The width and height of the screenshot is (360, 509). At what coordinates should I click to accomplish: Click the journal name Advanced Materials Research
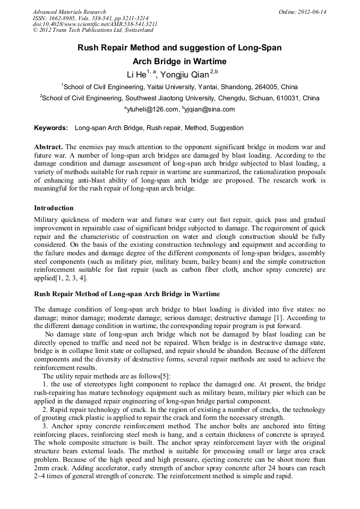click(69, 12)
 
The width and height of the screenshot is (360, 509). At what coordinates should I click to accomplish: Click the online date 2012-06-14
click(313, 12)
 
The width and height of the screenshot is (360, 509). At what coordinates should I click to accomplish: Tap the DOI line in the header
click(95, 24)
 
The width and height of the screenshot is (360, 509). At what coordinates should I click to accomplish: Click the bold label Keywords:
click(51, 128)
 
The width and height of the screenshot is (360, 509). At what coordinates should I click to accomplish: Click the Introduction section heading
click(54, 208)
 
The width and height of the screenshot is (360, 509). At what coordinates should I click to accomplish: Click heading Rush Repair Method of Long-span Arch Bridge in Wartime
click(127, 294)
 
